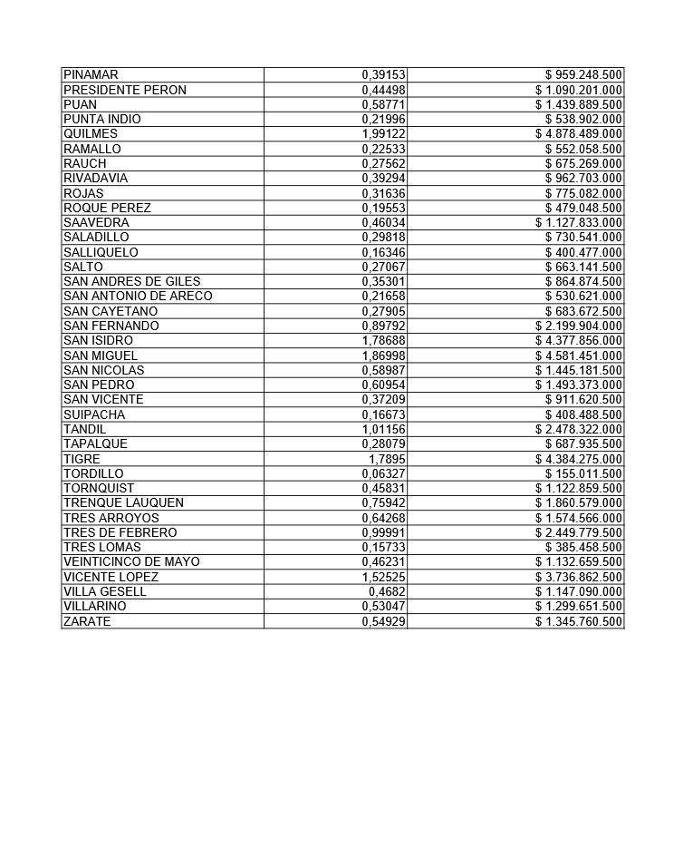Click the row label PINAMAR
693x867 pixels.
91,74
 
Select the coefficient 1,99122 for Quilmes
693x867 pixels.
383,133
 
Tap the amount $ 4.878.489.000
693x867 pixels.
578,133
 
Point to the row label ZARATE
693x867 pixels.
87,621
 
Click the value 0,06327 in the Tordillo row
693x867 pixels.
383,473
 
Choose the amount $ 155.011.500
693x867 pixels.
583,473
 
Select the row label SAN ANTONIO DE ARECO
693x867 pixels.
138,296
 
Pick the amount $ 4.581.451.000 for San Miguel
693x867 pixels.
578,356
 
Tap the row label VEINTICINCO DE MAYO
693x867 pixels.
131,561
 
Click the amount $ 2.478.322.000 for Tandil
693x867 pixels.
578,429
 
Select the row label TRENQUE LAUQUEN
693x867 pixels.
123,502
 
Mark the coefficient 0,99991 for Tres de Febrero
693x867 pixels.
383,532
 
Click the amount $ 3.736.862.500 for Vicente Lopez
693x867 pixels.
578,577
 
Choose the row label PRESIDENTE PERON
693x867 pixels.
125,90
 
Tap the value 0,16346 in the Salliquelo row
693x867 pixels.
383,252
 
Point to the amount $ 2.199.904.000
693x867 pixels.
578,326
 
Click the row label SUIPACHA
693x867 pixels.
94,414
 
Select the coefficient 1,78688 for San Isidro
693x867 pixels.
383,340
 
